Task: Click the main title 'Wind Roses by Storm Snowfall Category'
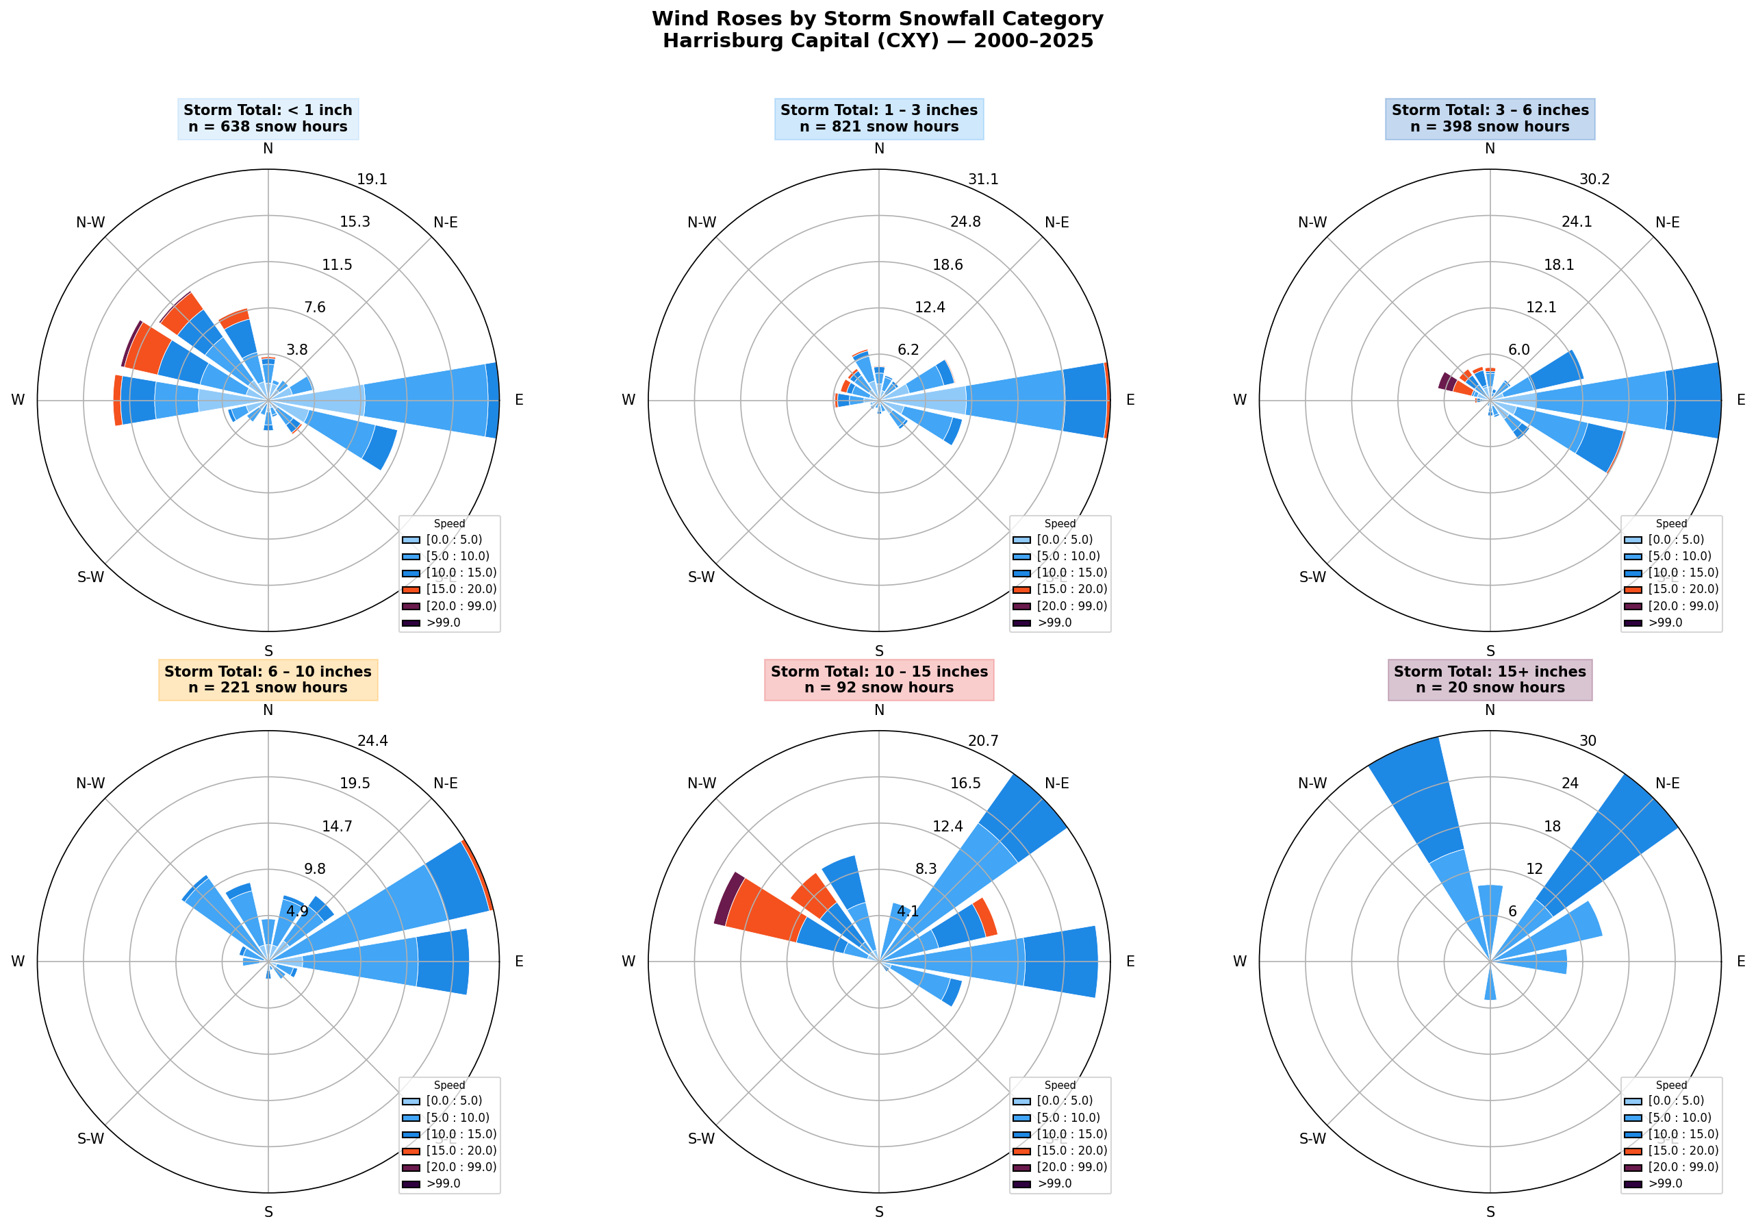pyautogui.click(x=877, y=19)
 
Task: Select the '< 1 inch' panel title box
pyautogui.click(x=268, y=118)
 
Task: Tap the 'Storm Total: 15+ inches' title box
pyautogui.click(x=1489, y=679)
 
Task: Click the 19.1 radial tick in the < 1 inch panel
pyautogui.click(x=372, y=179)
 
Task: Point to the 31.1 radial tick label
pyautogui.click(x=983, y=179)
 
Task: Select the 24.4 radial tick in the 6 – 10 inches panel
pyautogui.click(x=372, y=740)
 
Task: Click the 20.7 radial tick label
pyautogui.click(x=983, y=740)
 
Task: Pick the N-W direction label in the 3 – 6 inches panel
pyautogui.click(x=1312, y=223)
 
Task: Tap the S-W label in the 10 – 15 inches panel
pyautogui.click(x=701, y=1138)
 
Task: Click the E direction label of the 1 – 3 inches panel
pyautogui.click(x=1130, y=400)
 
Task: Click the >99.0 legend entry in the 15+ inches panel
pyautogui.click(x=1665, y=1183)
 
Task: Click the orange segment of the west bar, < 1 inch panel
pyautogui.click(x=117, y=400)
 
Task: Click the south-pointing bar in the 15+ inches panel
pyautogui.click(x=1490, y=992)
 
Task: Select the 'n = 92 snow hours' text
pyautogui.click(x=879, y=688)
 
